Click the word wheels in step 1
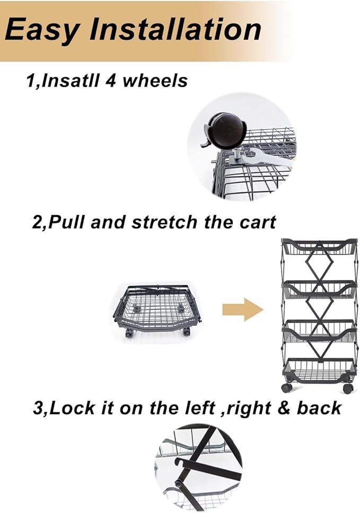(154, 81)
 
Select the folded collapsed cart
(157, 311)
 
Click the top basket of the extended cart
(318, 247)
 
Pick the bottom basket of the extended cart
(318, 371)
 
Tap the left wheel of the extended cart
(287, 388)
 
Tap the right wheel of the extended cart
(348, 388)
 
